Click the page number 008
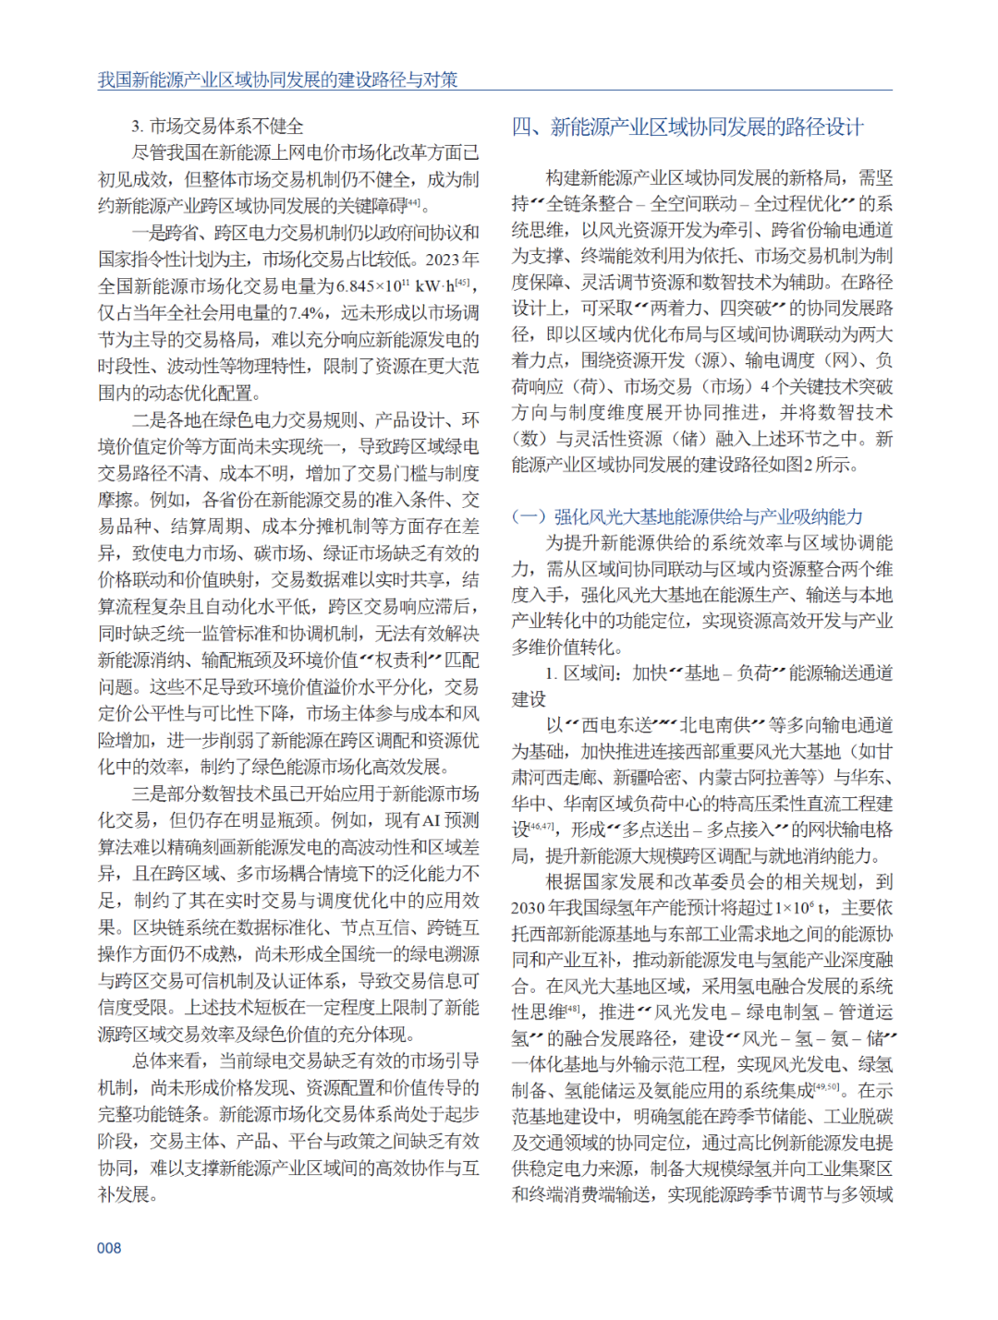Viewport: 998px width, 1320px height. coord(109,1248)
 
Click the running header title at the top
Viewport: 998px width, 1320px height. coord(278,79)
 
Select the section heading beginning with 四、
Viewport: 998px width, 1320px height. coord(688,127)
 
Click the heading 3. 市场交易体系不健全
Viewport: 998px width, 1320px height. coord(217,127)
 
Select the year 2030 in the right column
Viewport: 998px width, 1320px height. coord(528,908)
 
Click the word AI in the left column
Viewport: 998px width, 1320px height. coord(431,820)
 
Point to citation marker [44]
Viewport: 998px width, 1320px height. coord(413,203)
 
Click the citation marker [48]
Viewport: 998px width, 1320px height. coord(573,1010)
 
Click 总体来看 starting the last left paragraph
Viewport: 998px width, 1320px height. coord(167,1060)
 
